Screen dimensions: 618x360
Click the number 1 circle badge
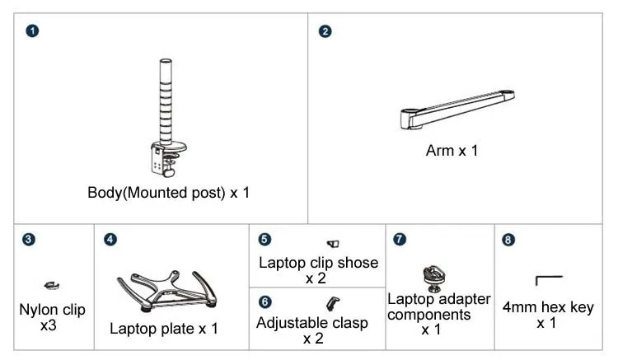point(32,30)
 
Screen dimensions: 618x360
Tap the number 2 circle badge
point(325,31)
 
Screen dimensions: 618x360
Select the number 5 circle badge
point(265,239)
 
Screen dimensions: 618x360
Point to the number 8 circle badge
point(508,240)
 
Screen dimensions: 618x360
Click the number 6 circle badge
point(265,302)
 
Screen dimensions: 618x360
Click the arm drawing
point(457,110)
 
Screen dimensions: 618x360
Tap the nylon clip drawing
point(52,285)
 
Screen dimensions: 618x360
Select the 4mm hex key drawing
point(548,278)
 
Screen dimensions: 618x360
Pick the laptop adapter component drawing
point(434,279)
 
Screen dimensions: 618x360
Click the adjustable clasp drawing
point(333,304)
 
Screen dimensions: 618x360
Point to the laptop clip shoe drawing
point(333,244)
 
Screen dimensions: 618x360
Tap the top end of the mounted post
point(166,61)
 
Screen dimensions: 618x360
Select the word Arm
point(440,151)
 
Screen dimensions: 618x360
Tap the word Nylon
point(36,311)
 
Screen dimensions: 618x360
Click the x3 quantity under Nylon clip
point(49,325)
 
